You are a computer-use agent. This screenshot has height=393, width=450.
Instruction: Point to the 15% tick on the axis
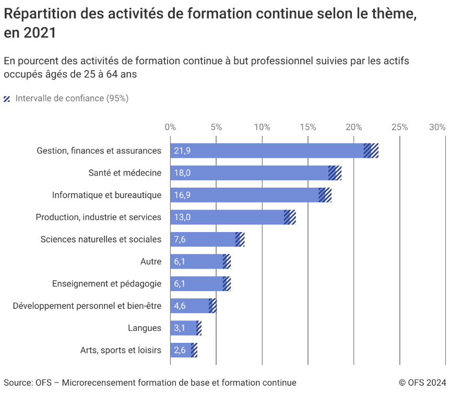(308, 127)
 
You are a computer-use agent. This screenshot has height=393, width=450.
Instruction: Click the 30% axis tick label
(437, 127)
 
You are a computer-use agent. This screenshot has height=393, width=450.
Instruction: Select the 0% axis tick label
(170, 127)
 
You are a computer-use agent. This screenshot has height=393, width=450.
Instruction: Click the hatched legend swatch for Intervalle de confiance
(7, 99)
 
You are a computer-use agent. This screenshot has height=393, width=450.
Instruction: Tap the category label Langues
(145, 328)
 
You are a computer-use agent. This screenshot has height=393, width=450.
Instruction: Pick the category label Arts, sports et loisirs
(121, 350)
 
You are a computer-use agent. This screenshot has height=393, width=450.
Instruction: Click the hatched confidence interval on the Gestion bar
(371, 151)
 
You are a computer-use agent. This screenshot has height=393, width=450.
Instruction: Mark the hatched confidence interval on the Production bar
(290, 217)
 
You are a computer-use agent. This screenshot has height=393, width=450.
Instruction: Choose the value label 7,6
(180, 239)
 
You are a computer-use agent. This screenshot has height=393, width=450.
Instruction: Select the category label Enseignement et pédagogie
(106, 284)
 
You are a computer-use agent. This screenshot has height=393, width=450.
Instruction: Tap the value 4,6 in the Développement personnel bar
(180, 306)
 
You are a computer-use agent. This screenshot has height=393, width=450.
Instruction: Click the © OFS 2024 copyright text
(422, 383)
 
